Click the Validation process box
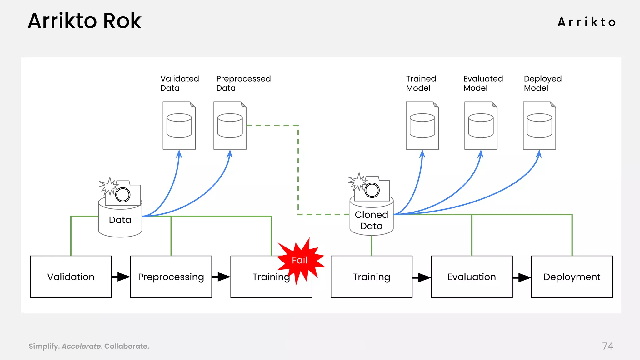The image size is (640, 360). pyautogui.click(x=71, y=277)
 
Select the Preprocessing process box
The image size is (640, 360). pyautogui.click(x=171, y=277)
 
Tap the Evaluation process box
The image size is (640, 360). pyautogui.click(x=472, y=277)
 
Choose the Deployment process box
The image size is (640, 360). pyautogui.click(x=572, y=277)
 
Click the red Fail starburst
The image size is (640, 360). pyautogui.click(x=300, y=260)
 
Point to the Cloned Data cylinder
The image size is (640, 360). pyautogui.click(x=371, y=220)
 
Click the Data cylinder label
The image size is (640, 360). pyautogui.click(x=120, y=220)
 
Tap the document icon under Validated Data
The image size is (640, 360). pyautogui.click(x=179, y=125)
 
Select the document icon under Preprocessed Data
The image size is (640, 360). pyautogui.click(x=230, y=125)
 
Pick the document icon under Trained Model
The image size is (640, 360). pyautogui.click(x=422, y=125)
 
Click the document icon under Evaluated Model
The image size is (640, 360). pyautogui.click(x=481, y=125)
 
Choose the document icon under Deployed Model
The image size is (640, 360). pyautogui.click(x=539, y=125)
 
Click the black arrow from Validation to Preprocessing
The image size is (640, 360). pyautogui.click(x=121, y=277)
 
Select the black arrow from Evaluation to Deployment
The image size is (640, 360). pyautogui.click(x=522, y=277)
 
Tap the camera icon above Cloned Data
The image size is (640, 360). pyautogui.click(x=372, y=189)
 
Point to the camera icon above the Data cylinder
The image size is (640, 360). pyautogui.click(x=122, y=194)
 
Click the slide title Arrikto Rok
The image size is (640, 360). pyautogui.click(x=85, y=21)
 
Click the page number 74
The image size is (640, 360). pyautogui.click(x=607, y=346)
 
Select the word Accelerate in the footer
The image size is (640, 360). pyautogui.click(x=81, y=346)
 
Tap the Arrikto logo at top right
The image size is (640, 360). pyautogui.click(x=587, y=22)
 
